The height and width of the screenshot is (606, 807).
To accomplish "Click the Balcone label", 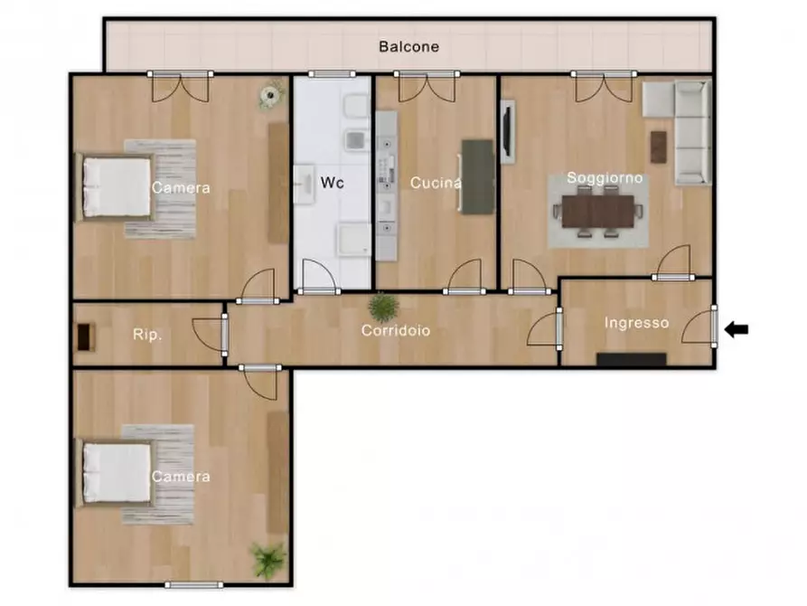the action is (408, 46).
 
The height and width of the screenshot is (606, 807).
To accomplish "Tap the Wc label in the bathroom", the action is (332, 183).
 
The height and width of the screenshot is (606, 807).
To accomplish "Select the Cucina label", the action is (436, 183).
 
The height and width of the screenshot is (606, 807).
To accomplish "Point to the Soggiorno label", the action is (605, 178).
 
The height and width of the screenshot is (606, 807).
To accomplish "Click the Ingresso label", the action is (636, 323).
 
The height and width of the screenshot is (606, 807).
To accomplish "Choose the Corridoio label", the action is (395, 330).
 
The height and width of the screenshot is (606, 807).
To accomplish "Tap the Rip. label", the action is (147, 335).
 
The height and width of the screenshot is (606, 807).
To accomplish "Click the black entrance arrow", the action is (737, 328).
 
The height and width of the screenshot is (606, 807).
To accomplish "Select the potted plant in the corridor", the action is (383, 307).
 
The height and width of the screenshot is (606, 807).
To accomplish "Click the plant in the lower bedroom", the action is (268, 560).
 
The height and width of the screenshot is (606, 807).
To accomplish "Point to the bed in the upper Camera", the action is (115, 187).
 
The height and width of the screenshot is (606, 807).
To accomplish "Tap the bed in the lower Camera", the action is (115, 473).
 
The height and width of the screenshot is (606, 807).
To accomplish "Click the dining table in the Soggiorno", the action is (598, 212).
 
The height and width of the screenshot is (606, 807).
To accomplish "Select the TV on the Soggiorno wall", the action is (507, 131).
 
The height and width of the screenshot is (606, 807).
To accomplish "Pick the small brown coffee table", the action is (658, 147).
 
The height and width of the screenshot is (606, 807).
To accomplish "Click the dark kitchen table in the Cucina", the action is (478, 176).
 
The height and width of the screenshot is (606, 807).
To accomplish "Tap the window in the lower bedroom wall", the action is (194, 584).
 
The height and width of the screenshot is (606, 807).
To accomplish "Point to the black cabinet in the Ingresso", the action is (632, 359).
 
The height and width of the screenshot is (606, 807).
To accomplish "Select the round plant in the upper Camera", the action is (271, 95).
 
